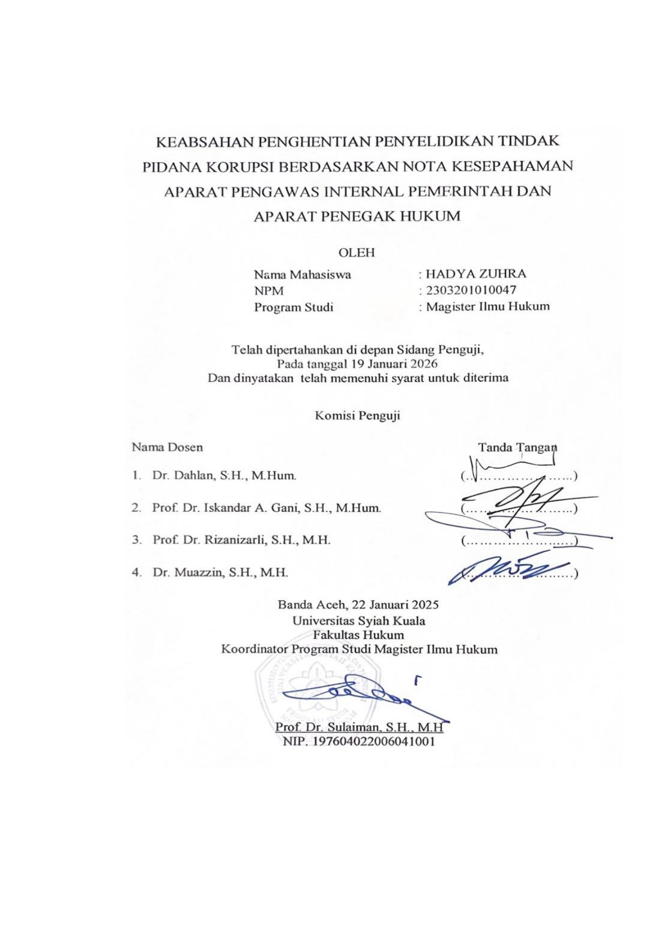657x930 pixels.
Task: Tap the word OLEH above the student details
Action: tap(357, 253)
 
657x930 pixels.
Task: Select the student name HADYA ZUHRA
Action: tap(476, 274)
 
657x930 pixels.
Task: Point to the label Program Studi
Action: tap(293, 307)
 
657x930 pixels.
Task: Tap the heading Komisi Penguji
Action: tap(357, 415)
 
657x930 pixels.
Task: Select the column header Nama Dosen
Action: tap(167, 447)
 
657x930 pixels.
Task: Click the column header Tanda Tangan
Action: tap(517, 447)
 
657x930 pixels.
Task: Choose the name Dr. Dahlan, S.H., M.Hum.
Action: tap(224, 475)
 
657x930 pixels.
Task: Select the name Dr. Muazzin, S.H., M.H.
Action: tap(220, 572)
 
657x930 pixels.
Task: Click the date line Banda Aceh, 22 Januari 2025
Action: tap(358, 605)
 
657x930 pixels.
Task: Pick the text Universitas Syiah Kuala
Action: tap(358, 621)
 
